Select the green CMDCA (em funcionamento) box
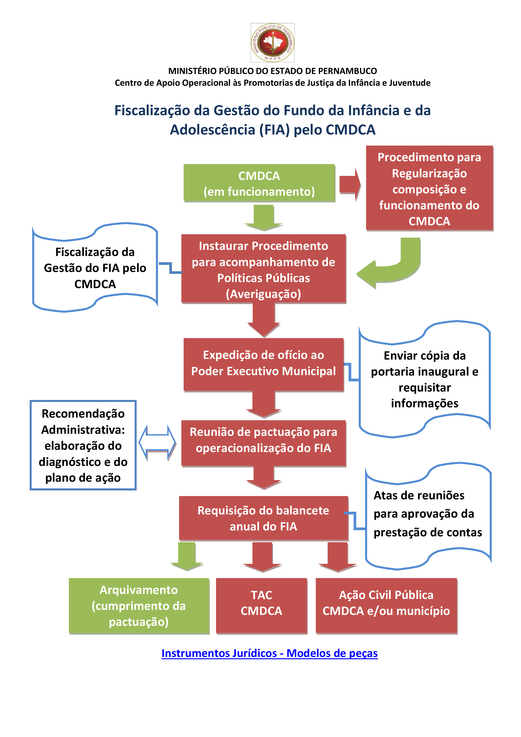click(259, 183)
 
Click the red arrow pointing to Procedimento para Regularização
click(350, 185)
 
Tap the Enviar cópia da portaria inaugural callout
click(425, 379)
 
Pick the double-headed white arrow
click(157, 443)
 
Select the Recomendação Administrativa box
click(83, 445)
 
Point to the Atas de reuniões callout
click(428, 516)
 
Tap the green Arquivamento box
click(139, 606)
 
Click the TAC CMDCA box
click(261, 606)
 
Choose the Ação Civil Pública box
click(386, 606)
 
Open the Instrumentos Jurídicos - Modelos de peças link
click(269, 654)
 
